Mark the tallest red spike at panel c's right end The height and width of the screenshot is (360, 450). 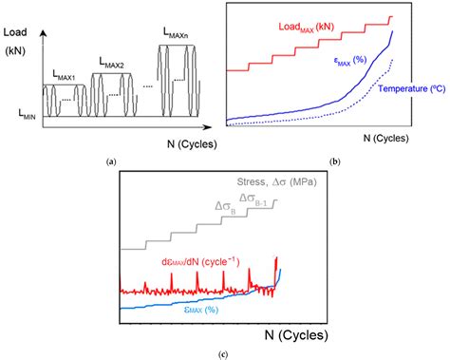click(x=276, y=259)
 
